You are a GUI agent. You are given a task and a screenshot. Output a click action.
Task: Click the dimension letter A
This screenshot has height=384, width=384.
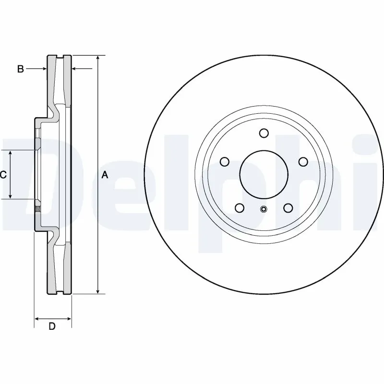tap(105, 176)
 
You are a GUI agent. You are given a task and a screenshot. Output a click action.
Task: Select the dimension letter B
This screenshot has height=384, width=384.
tap(20, 69)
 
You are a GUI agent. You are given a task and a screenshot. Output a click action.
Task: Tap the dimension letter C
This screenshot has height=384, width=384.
tap(3, 175)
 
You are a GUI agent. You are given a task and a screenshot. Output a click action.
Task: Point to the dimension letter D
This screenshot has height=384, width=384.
tap(52, 327)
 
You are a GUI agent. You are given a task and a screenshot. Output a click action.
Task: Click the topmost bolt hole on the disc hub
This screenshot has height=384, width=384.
tap(264, 133)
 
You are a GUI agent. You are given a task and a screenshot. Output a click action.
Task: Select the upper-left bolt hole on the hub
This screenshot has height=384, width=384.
tap(224, 162)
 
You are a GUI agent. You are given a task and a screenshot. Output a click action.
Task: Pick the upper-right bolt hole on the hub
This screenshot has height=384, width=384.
tap(303, 162)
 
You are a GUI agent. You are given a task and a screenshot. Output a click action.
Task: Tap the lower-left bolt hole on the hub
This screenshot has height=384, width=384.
tap(240, 208)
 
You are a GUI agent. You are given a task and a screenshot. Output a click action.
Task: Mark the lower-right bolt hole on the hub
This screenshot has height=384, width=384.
tap(288, 208)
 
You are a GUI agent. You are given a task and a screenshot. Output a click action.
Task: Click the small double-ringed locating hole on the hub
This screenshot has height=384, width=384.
tap(264, 209)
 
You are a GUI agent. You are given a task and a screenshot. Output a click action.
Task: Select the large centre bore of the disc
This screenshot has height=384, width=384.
tap(264, 175)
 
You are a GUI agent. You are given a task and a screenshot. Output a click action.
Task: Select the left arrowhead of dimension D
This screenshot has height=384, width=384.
tap(37, 318)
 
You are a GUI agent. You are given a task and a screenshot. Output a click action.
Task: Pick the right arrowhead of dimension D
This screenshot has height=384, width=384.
tap(69, 318)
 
